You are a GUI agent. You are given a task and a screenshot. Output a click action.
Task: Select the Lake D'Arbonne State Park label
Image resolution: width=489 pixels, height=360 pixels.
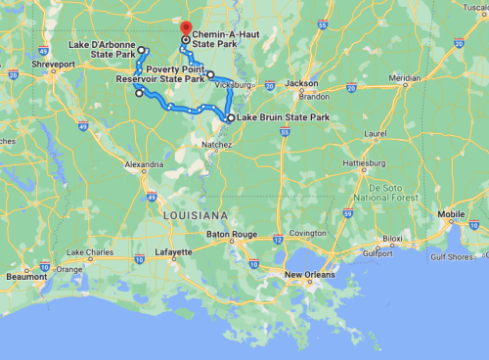[102, 51]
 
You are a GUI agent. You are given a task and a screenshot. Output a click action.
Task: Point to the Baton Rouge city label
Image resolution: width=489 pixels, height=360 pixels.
[232, 235]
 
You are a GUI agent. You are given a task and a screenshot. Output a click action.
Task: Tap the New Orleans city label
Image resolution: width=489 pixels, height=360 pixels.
[309, 275]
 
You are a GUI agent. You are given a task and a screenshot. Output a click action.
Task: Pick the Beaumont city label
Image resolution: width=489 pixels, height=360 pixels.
[25, 277]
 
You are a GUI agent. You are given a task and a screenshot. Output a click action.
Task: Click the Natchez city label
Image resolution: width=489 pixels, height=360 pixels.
[216, 144]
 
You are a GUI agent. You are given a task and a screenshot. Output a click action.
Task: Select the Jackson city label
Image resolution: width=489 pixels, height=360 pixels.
[301, 84]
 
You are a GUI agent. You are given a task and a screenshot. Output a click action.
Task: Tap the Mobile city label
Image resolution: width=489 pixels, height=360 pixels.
[451, 214]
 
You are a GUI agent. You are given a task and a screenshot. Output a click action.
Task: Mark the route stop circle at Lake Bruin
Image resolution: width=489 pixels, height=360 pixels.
[230, 118]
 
